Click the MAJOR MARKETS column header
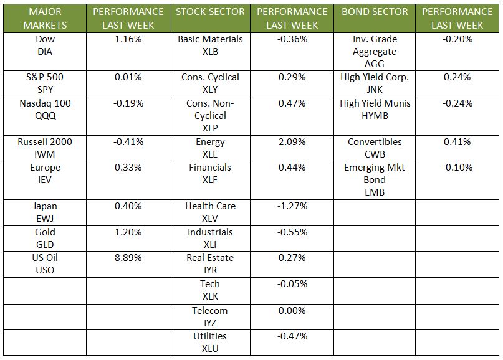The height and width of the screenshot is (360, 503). (x=45, y=18)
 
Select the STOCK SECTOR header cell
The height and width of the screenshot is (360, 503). (x=209, y=12)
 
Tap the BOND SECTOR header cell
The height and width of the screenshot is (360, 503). (x=375, y=12)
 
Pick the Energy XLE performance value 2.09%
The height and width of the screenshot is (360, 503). (x=292, y=142)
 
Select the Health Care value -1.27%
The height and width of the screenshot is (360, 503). (x=292, y=206)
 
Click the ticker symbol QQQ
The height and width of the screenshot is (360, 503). (x=45, y=116)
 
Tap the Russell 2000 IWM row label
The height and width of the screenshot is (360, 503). (x=45, y=148)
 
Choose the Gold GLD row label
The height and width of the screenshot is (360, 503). (x=45, y=238)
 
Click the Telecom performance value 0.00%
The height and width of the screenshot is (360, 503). (x=292, y=311)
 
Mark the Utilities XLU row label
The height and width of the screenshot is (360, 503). (x=209, y=343)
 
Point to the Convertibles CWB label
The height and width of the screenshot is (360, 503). (x=375, y=148)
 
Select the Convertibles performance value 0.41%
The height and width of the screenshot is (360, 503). (x=457, y=142)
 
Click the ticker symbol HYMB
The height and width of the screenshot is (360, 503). (x=375, y=116)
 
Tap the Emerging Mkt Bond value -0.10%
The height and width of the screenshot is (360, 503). (x=457, y=168)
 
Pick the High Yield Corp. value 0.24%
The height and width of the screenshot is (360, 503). (x=457, y=78)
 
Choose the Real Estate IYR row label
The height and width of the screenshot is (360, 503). (x=209, y=264)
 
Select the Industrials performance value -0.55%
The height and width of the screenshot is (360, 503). (x=292, y=232)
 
